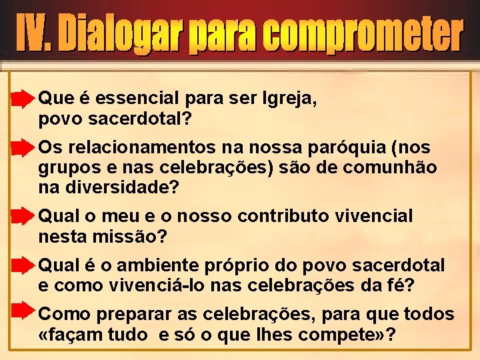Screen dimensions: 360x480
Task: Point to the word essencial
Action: point(137,99)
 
